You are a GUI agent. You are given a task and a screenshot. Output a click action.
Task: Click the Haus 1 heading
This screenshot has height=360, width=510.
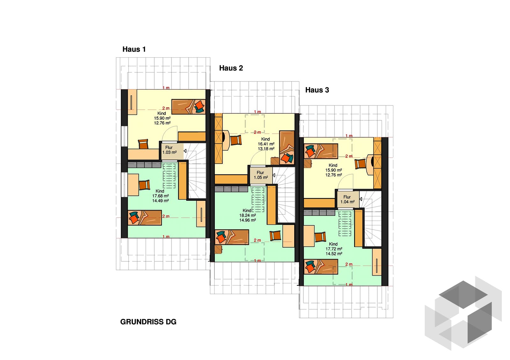point(134,49)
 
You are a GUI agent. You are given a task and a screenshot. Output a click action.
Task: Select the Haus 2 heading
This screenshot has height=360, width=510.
point(231,68)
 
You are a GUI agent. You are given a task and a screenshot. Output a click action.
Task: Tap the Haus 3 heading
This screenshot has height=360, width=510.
point(317,90)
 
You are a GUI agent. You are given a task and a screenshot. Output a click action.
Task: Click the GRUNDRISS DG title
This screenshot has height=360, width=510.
point(148,322)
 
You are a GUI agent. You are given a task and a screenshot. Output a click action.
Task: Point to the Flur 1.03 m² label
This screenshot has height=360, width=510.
point(169,150)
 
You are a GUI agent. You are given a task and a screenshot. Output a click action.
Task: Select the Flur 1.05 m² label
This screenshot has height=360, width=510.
point(261,175)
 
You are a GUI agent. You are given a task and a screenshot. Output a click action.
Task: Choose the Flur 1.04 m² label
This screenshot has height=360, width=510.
point(347,200)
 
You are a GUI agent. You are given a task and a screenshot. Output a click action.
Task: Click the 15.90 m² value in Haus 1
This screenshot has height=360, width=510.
point(162,118)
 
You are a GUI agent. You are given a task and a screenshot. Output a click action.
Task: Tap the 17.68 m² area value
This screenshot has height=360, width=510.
point(160,196)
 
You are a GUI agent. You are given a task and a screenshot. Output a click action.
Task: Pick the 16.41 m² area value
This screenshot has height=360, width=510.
point(266,144)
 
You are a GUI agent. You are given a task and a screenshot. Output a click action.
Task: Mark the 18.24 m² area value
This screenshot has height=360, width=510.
point(247,215)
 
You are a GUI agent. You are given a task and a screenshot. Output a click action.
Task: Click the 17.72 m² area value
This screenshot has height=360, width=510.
point(334,249)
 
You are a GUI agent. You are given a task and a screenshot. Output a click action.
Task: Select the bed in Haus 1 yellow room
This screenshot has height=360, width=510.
point(188,107)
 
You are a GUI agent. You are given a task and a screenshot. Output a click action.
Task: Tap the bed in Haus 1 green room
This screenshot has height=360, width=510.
point(145,218)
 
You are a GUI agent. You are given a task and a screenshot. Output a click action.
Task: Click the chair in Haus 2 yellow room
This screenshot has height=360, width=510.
point(236,140)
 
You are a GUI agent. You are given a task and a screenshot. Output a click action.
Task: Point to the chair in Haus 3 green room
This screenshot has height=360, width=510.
point(320,237)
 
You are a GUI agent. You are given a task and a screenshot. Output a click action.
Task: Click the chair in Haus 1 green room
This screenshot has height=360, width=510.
point(144,185)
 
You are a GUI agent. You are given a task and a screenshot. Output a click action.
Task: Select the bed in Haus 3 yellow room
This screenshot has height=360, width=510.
point(321,151)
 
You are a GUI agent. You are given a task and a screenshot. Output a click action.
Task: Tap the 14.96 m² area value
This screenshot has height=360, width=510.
point(247,220)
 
